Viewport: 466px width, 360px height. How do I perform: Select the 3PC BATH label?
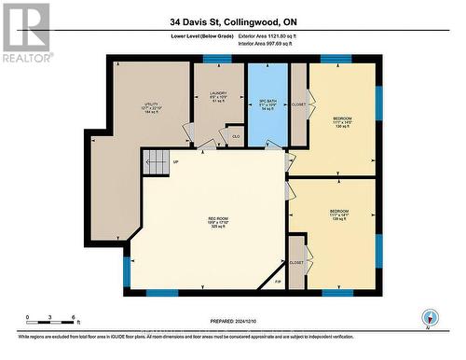tap(267, 91)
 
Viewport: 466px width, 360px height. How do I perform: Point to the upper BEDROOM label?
tap(343, 122)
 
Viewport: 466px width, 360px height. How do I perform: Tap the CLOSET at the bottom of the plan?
tap(296, 263)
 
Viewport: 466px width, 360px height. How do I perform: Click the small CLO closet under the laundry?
tap(235, 136)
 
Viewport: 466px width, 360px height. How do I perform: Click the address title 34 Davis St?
tap(232, 21)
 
